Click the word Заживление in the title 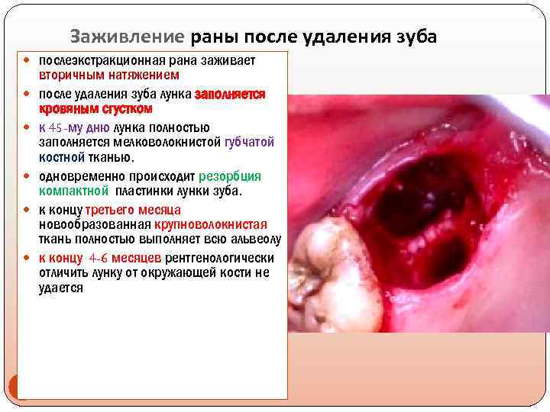tap(127, 36)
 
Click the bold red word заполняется tap(230, 95)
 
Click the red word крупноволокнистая tap(210, 224)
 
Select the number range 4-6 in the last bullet tap(99, 258)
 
